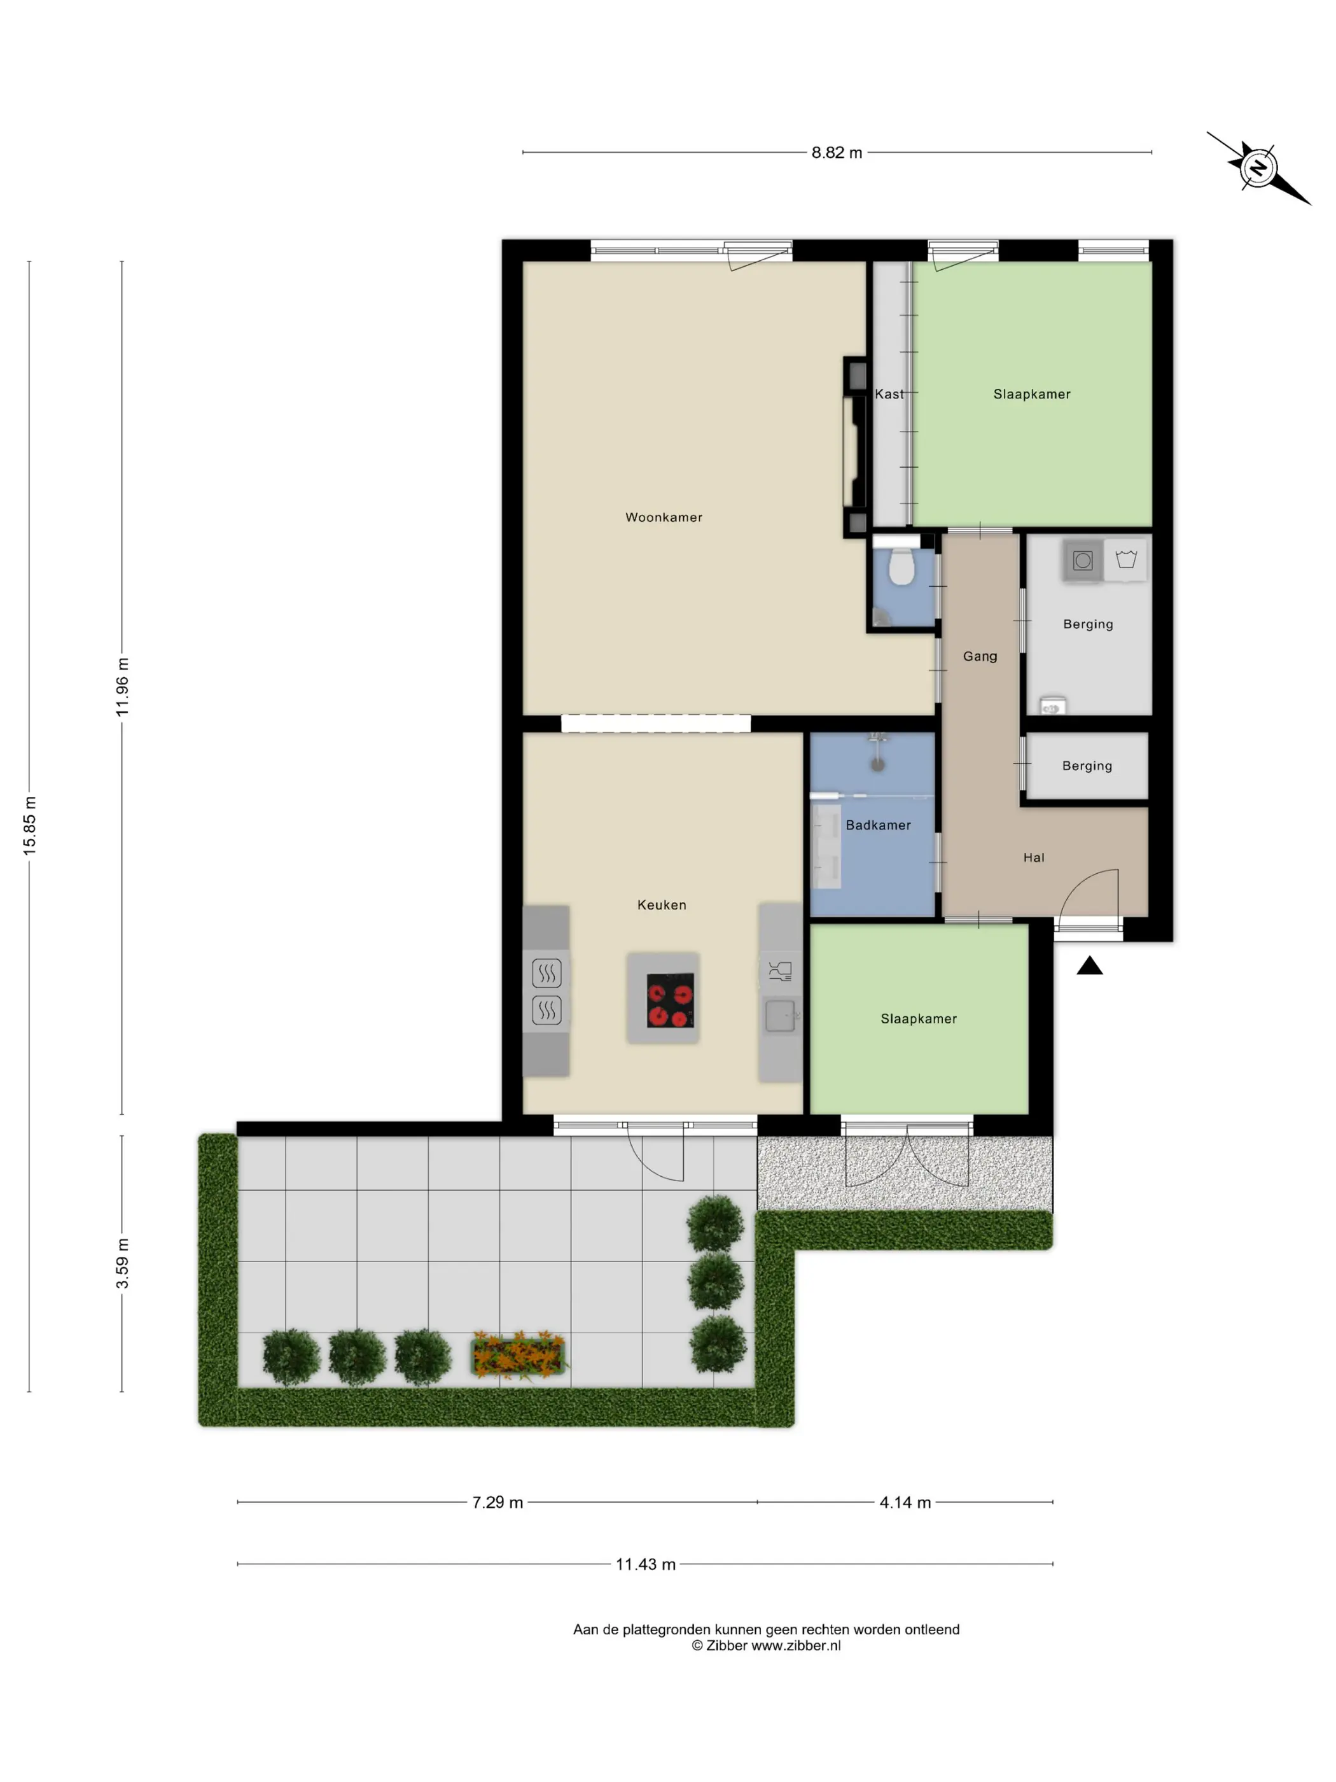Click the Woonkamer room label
coord(664,517)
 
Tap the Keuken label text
coord(662,905)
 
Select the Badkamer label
coord(878,825)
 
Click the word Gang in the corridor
coord(980,657)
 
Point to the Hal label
coord(1034,858)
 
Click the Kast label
coord(889,394)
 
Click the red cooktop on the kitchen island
coord(670,1000)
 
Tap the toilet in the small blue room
coord(901,568)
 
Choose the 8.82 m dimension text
coord(837,152)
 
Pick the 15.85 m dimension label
coord(30,825)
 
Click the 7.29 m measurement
coord(498,1503)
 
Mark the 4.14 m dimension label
coord(905,1503)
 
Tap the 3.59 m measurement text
coord(122,1263)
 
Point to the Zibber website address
coord(796,1646)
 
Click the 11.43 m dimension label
coord(646,1564)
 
